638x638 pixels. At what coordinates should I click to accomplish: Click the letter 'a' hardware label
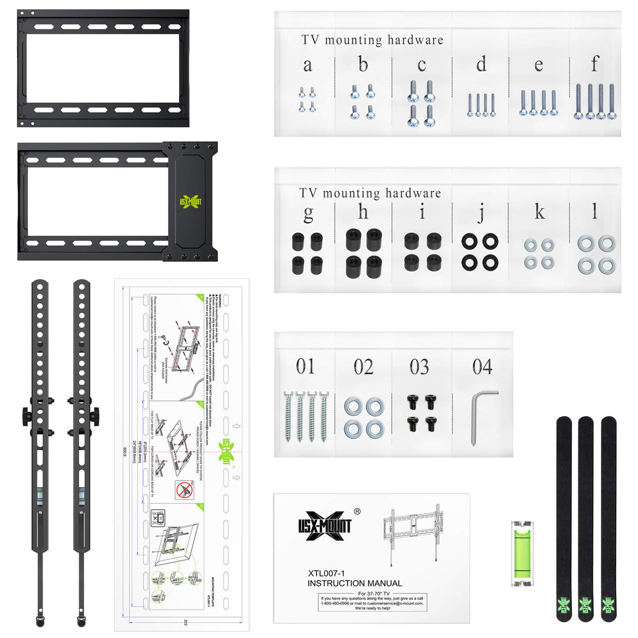coord(307,66)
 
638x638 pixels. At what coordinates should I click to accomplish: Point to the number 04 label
coord(482,367)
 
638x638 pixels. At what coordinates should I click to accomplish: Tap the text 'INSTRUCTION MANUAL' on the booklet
coord(354,583)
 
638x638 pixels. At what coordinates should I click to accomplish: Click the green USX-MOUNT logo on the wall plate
coord(190,201)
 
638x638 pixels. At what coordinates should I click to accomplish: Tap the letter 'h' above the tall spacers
coord(363,212)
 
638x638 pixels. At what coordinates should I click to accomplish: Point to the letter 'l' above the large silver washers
coord(595,211)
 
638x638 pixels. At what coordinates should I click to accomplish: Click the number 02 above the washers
coord(363,367)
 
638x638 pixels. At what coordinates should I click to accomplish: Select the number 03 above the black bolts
coord(419,367)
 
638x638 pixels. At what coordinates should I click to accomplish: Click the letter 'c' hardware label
coord(421,66)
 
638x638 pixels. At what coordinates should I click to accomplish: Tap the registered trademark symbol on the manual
coord(357,512)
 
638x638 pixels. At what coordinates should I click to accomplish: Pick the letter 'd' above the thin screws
coord(481,64)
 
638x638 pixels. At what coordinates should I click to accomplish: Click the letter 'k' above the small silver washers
coord(539,212)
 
